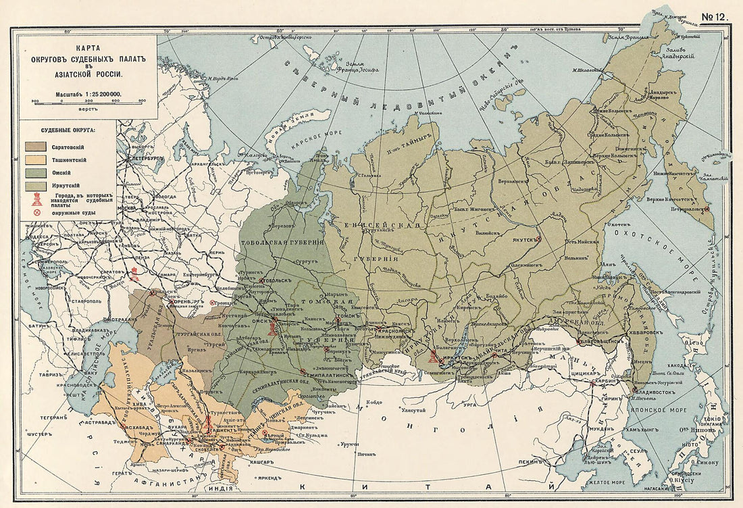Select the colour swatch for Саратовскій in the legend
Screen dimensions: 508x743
coord(36,146)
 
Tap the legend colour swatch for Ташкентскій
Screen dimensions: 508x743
coord(36,159)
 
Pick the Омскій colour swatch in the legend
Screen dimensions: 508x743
coord(36,173)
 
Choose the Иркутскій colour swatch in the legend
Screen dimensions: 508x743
coord(36,186)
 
